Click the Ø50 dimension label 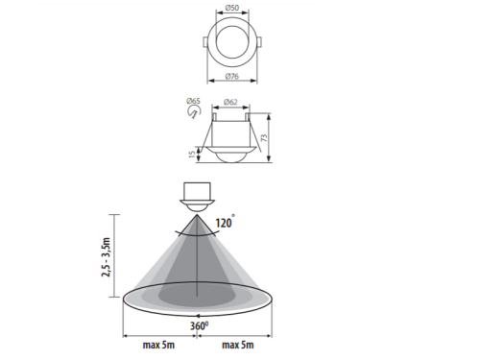[x=232, y=8]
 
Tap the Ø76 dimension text [x=232, y=76]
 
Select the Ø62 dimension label [x=230, y=102]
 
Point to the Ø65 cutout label [x=193, y=101]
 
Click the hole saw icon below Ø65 [x=194, y=112]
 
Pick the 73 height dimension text [x=264, y=138]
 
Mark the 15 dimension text [x=192, y=154]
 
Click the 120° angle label [x=225, y=222]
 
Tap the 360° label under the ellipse [x=199, y=325]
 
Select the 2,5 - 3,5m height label [x=106, y=257]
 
